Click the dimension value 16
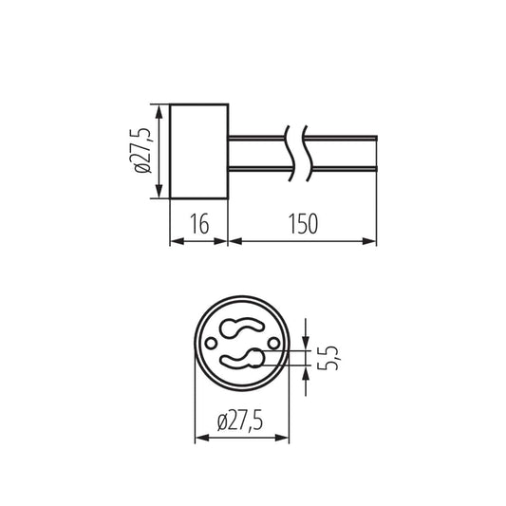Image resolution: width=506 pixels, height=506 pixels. pos(199,223)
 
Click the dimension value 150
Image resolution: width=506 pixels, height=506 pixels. pos(303,223)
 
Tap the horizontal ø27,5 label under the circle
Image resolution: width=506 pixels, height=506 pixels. pos(240,421)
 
